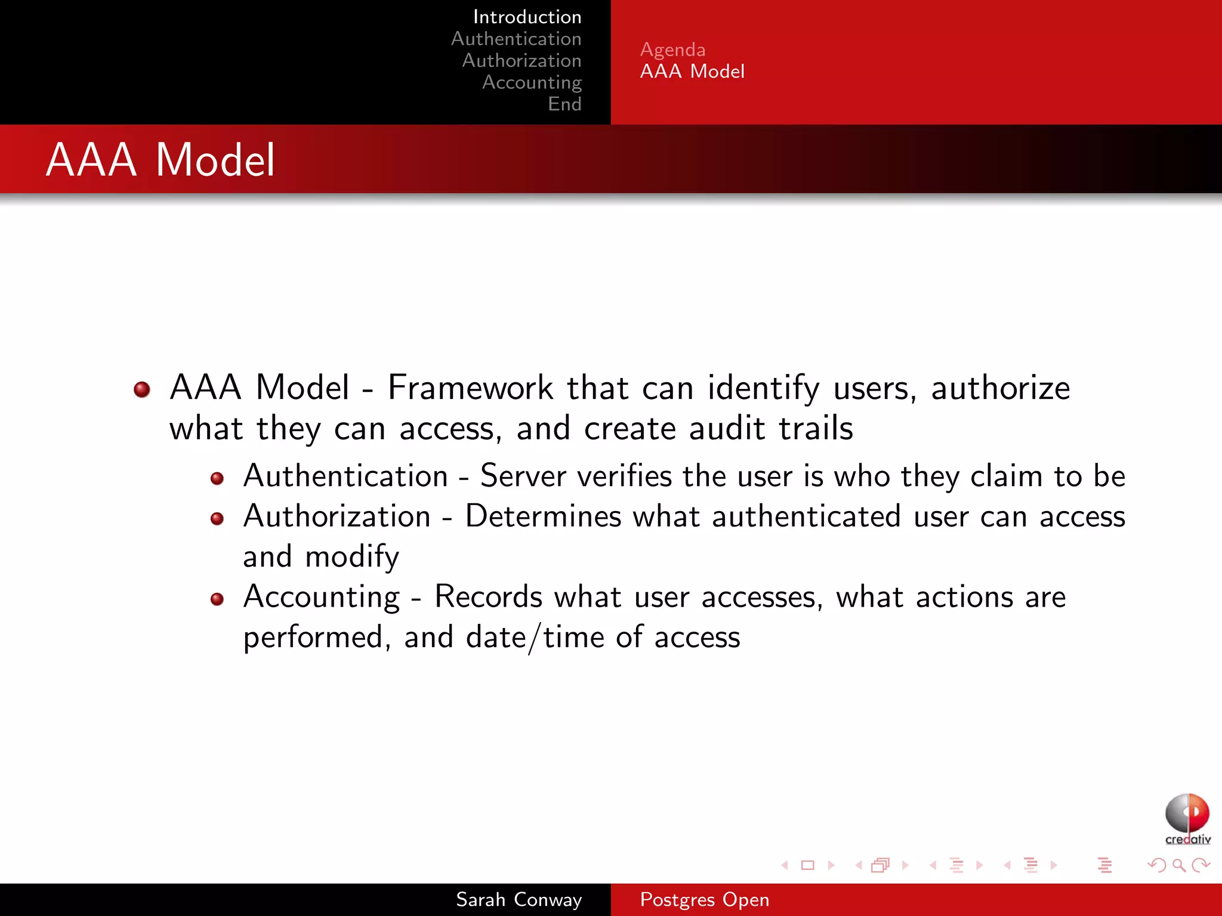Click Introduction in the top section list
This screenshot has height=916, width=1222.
[527, 17]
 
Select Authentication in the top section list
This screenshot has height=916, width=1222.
[516, 39]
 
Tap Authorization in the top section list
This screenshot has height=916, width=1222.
[521, 60]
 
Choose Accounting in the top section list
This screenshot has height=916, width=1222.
[532, 82]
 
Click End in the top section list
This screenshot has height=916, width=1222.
[564, 104]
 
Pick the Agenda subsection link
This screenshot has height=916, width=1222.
[672, 49]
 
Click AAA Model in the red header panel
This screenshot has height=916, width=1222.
[692, 72]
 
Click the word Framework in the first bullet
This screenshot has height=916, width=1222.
[470, 388]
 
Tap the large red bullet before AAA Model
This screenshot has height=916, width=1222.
[142, 389]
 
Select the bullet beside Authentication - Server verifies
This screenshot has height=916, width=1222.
[217, 478]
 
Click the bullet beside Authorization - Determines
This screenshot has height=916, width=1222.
[217, 519]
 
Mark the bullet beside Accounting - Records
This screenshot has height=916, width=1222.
[217, 599]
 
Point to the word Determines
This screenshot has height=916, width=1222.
[542, 516]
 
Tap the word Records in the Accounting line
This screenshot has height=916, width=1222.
[488, 597]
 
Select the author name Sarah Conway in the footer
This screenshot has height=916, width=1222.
[519, 899]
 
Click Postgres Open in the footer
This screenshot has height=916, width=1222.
[704, 899]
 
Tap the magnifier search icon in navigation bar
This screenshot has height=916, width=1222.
[1178, 865]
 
